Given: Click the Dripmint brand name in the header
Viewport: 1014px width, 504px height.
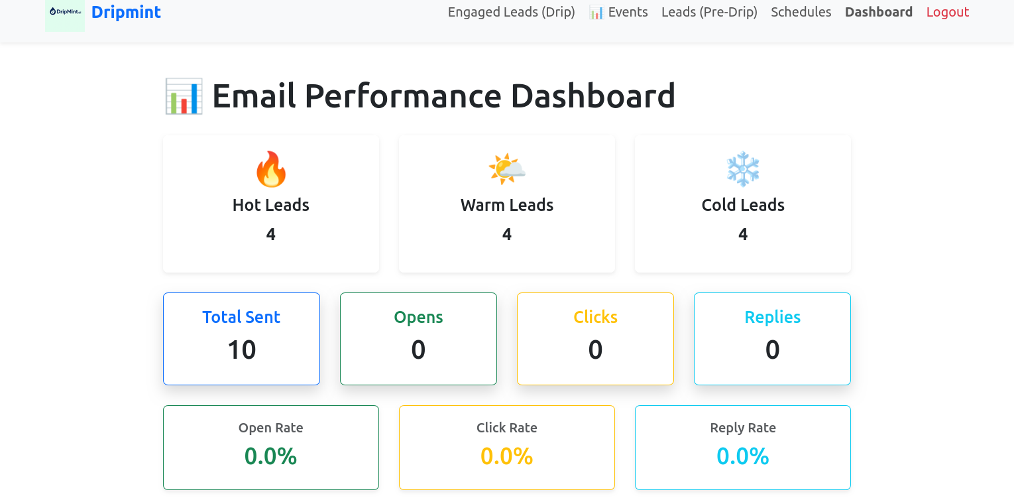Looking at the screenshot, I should click(x=126, y=12).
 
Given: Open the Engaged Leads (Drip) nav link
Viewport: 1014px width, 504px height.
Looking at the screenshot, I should click(x=511, y=12).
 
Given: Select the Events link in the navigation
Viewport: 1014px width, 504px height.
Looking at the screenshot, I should click(x=618, y=12).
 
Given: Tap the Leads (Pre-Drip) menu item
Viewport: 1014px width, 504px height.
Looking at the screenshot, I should click(x=709, y=12).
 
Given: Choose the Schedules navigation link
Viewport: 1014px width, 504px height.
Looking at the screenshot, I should click(x=801, y=12).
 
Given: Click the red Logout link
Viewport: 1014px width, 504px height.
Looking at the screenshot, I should click(x=947, y=12).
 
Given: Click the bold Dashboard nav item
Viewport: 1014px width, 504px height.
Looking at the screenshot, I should click(x=878, y=12).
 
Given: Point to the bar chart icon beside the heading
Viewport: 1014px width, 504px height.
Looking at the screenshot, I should click(x=184, y=96).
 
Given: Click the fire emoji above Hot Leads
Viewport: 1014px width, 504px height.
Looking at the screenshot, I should click(x=271, y=169).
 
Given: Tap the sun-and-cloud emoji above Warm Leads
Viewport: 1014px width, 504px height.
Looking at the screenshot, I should click(x=507, y=169).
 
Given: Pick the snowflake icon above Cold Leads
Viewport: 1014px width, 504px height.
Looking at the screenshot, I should click(x=743, y=169).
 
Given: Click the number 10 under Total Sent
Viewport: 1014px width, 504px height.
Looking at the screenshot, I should click(x=241, y=349).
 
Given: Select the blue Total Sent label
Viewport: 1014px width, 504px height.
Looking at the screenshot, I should click(x=241, y=317).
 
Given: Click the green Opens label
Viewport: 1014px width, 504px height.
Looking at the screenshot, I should click(x=418, y=317).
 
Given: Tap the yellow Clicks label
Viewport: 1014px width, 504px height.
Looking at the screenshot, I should click(x=595, y=317).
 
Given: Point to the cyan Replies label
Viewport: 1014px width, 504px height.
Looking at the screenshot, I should click(x=772, y=317).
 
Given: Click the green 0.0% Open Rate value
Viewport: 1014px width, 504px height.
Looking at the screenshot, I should click(x=270, y=456).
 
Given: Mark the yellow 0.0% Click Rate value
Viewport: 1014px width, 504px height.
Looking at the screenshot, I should click(x=506, y=456).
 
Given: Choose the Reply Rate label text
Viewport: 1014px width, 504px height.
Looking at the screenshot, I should click(x=742, y=428).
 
